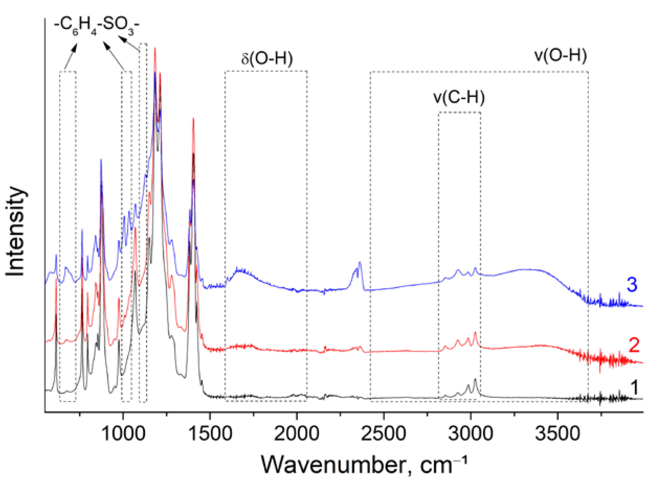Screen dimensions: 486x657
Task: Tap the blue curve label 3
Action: (632, 285)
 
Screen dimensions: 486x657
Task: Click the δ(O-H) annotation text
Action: (267, 59)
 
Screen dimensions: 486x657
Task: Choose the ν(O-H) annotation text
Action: (560, 55)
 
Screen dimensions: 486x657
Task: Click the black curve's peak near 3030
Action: (475, 379)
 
